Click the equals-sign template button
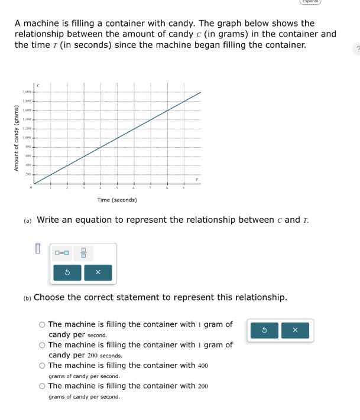coord(61,253)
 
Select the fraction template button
coord(83,253)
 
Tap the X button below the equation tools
coord(98,273)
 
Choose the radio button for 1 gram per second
coord(43,324)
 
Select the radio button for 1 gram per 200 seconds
coord(43,345)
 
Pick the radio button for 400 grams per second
coord(43,366)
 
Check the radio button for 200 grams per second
coord(43,386)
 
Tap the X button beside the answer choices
coord(294,330)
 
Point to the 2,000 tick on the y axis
coord(26,92)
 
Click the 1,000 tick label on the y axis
coord(26,136)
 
